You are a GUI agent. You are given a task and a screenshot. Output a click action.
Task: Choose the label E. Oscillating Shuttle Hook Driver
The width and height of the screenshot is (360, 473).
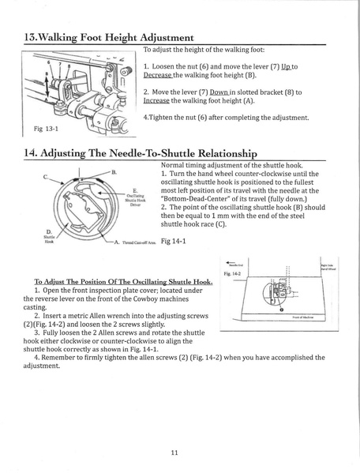click(113, 198)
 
